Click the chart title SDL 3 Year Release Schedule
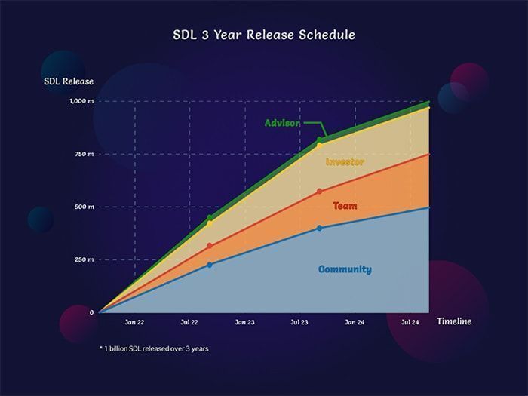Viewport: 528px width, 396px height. [x=264, y=35]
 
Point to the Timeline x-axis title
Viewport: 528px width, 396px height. [x=454, y=321]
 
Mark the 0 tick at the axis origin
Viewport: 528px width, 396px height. [x=91, y=312]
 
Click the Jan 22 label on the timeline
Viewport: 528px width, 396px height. [x=135, y=322]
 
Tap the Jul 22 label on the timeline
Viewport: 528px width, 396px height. [x=190, y=322]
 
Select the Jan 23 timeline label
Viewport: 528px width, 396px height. [x=245, y=322]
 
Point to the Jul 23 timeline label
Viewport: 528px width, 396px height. [x=300, y=322]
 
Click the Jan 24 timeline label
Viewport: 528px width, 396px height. [x=355, y=322]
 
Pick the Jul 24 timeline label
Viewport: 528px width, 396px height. [x=410, y=322]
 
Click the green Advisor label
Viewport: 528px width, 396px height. [x=283, y=123]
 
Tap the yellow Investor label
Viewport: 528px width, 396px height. [x=345, y=162]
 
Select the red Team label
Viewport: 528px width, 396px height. [x=345, y=206]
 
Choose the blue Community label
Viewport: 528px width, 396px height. [x=345, y=269]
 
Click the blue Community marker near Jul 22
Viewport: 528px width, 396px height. [x=210, y=265]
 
